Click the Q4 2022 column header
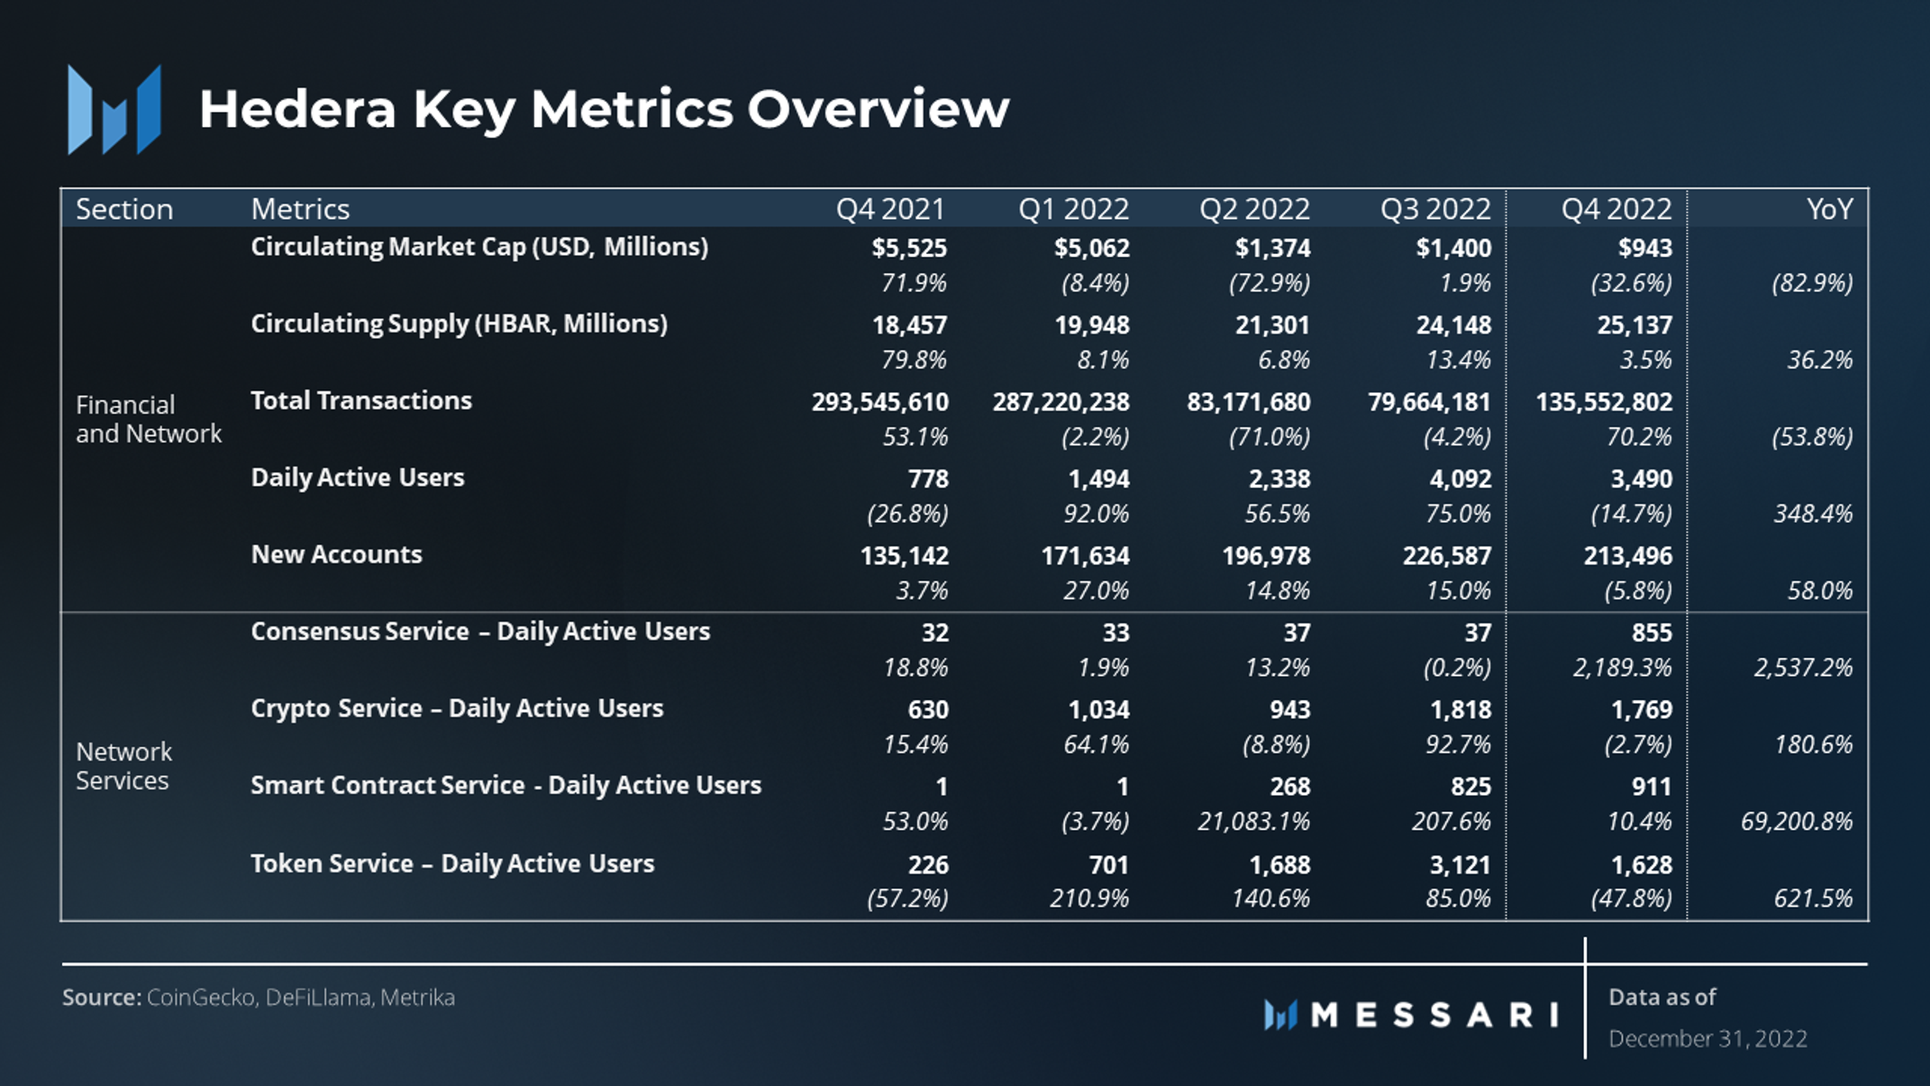1616,209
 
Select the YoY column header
1830,209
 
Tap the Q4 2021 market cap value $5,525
909,248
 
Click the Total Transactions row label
361,400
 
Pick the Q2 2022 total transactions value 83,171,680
1249,402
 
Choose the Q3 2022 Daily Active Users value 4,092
1461,479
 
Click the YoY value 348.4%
1814,514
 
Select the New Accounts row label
337,554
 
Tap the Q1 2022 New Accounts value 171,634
1086,556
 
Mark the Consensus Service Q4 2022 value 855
1652,633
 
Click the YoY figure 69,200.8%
1797,822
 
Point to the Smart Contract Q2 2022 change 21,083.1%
1253,822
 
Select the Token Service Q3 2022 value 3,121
1461,865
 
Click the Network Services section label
124,766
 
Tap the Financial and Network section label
149,419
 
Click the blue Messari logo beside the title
114,109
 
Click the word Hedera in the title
297,109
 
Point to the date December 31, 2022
1708,1039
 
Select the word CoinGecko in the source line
201,998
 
